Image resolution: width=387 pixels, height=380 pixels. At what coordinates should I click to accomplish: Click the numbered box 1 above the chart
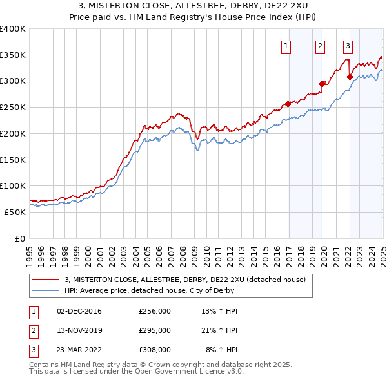click(285, 46)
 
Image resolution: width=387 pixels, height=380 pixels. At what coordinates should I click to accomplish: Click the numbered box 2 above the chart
click(320, 46)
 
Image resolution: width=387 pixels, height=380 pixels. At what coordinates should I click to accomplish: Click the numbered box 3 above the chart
click(348, 46)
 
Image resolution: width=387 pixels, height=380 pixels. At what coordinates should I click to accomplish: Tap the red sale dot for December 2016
click(288, 104)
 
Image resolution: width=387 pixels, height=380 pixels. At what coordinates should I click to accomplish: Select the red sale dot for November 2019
click(322, 83)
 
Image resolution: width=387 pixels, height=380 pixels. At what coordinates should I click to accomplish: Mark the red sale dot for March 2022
click(350, 77)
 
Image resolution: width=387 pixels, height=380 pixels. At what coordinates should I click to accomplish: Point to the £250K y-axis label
click(13, 107)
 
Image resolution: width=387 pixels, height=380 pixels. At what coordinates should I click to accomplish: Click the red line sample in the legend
click(46, 280)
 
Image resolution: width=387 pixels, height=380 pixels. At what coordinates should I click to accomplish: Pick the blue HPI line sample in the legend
click(46, 290)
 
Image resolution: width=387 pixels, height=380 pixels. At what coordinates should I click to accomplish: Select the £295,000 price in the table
click(155, 330)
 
